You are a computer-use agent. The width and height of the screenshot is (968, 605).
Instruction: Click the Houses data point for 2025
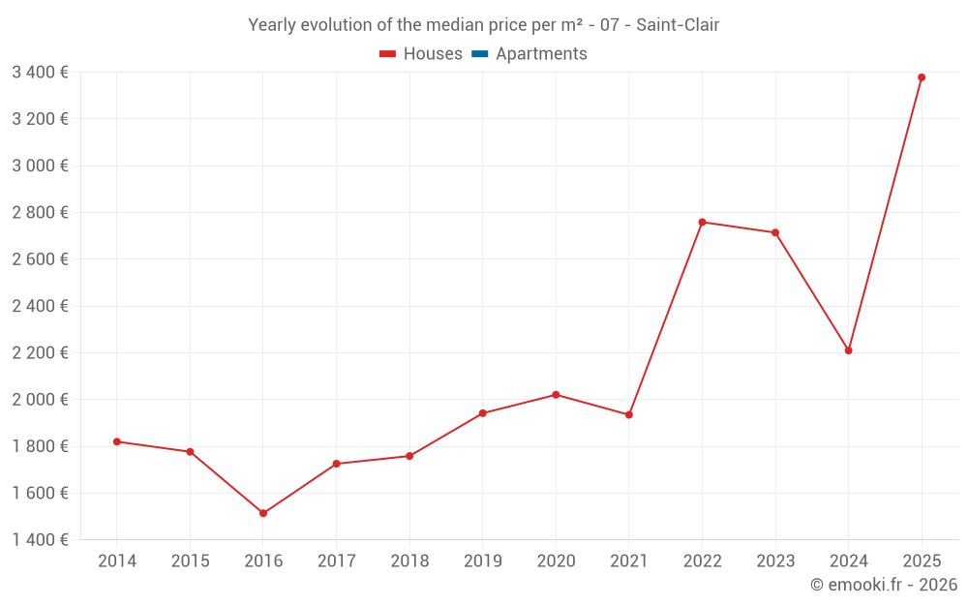(922, 77)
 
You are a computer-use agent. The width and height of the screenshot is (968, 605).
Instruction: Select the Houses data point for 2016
(263, 513)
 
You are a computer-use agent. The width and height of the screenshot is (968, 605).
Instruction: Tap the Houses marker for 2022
(702, 223)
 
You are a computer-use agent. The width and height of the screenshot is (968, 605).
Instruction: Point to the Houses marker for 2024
(848, 350)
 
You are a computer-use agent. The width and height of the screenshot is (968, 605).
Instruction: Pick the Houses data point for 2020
(556, 395)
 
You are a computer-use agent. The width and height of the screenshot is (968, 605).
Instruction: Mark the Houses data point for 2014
(117, 441)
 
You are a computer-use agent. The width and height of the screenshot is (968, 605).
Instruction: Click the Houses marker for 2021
(629, 414)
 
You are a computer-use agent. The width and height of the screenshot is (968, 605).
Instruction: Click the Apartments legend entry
(541, 54)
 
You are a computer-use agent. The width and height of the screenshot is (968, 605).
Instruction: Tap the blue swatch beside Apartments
(480, 54)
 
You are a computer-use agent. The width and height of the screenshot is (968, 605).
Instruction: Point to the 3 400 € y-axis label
(40, 72)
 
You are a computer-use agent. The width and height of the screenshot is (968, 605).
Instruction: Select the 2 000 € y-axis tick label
(40, 400)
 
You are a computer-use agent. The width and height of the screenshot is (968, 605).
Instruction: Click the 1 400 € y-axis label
(40, 540)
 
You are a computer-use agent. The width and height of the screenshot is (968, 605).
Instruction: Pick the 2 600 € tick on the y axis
(40, 259)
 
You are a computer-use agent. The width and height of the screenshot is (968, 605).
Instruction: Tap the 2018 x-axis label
(409, 561)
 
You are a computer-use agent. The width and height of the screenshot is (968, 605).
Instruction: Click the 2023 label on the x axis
(775, 561)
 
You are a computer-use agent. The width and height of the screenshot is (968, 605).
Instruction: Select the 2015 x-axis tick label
(190, 561)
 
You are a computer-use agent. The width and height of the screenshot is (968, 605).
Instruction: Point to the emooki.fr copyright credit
(884, 585)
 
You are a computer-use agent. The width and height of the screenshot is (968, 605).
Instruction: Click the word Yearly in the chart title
(274, 25)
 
